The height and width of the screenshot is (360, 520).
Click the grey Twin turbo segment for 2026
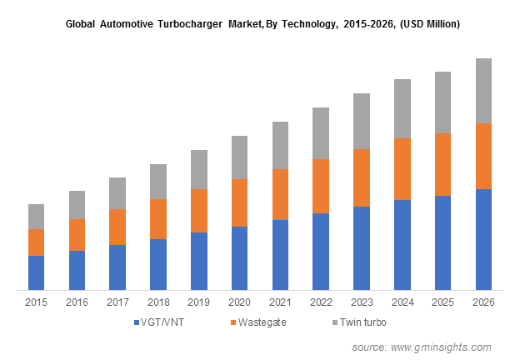point(483,91)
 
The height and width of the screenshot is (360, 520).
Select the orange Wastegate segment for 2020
point(239,202)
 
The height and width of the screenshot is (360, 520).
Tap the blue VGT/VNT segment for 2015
point(36,272)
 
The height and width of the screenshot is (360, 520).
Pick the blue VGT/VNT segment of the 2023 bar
point(362,248)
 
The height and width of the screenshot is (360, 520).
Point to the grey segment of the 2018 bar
point(158,182)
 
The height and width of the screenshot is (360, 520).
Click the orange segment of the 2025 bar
point(442,164)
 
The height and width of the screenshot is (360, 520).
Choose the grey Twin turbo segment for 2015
point(36,217)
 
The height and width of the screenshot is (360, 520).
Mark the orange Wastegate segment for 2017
point(117,227)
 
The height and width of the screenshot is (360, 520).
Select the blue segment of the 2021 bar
point(280,255)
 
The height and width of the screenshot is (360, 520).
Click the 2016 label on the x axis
point(77,302)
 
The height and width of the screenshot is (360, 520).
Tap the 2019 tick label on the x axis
point(199,302)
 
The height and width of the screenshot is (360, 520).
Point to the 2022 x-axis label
point(321,302)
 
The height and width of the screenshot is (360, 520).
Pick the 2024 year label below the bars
point(402,302)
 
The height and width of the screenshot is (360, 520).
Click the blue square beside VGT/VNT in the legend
point(134,322)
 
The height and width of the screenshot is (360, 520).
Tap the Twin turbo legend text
point(364,322)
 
